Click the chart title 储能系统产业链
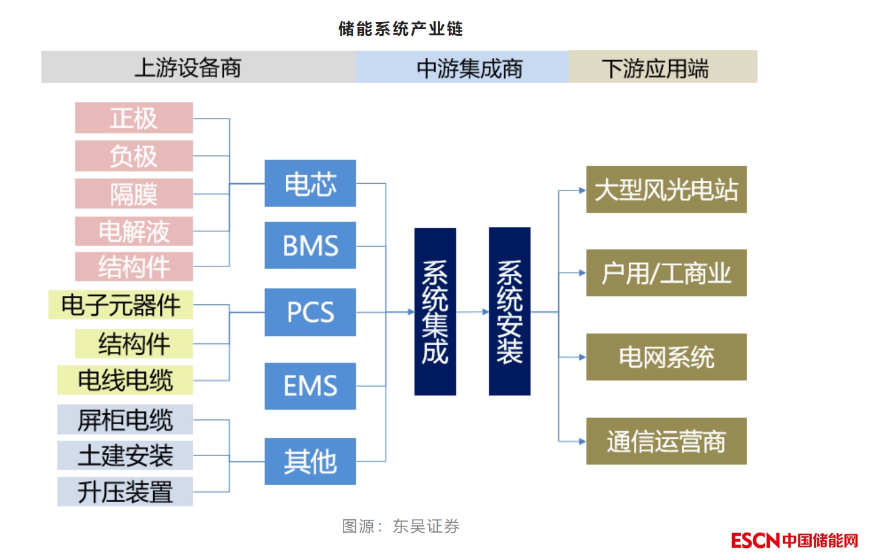[x=401, y=29]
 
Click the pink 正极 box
[x=134, y=118]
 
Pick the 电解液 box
[x=134, y=231]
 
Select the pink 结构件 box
[x=134, y=267]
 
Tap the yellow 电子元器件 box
[x=121, y=305]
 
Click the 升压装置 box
[x=125, y=492]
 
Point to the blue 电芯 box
[x=310, y=183]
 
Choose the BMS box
[x=310, y=245]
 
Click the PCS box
[x=310, y=312]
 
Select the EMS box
[x=310, y=386]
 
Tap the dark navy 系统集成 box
[x=435, y=312]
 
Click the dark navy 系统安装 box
[x=510, y=312]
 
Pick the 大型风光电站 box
[x=666, y=190]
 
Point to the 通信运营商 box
[x=666, y=441]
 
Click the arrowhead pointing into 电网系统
[x=582, y=357]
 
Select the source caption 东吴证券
[x=426, y=526]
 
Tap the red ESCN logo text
[x=755, y=541]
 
